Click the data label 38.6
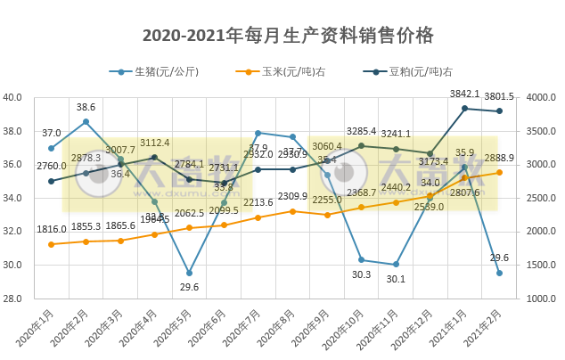[x=86, y=107]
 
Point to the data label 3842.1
[x=464, y=94]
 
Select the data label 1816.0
[x=51, y=229]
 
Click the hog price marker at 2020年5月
[x=189, y=274]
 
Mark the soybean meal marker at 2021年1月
[x=464, y=108]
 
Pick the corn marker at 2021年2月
[x=499, y=172]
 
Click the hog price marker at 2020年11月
[x=396, y=265]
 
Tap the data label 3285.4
[x=361, y=131]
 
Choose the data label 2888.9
[x=499, y=157]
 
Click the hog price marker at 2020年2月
[x=86, y=121]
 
